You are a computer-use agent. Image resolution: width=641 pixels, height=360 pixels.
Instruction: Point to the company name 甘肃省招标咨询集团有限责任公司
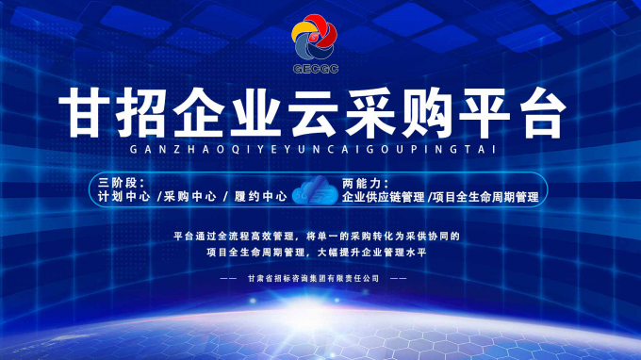[x=312, y=279]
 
